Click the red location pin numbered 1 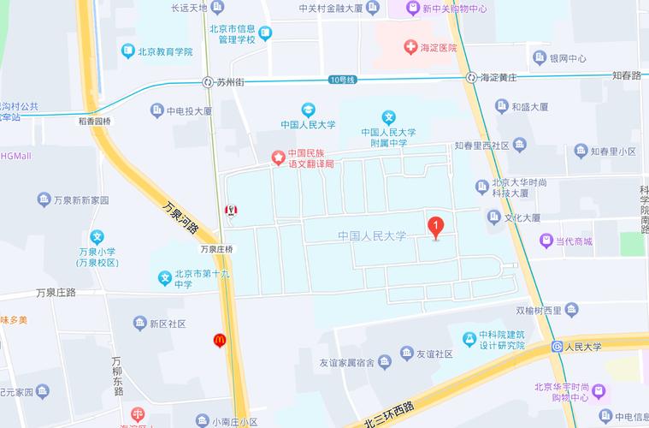click(x=435, y=228)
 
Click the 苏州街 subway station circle click(x=208, y=82)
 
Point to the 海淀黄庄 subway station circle click(x=471, y=77)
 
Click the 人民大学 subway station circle click(x=556, y=348)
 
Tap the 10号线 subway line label click(x=341, y=80)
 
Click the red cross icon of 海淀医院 click(x=411, y=48)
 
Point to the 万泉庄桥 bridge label click(x=216, y=249)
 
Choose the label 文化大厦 click(x=522, y=218)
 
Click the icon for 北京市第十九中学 click(x=165, y=278)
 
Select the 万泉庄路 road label click(x=56, y=292)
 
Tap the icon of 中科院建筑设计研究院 click(x=469, y=339)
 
